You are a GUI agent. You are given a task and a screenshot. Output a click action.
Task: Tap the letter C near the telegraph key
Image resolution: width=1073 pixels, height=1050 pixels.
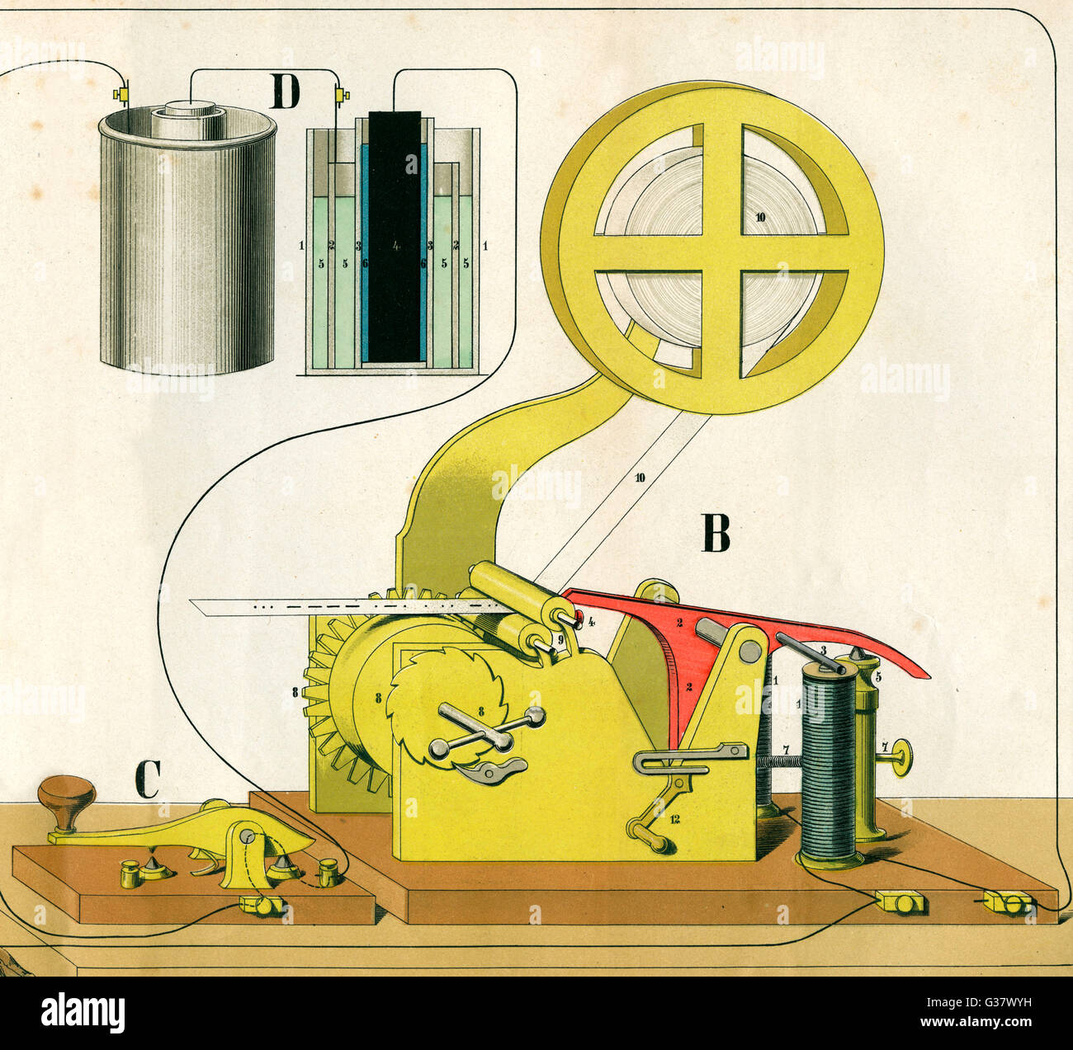(x=146, y=779)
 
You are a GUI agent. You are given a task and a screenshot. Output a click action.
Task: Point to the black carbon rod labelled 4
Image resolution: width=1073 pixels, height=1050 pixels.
(x=395, y=239)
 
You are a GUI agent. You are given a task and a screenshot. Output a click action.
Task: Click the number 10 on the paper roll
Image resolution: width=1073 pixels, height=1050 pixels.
(x=759, y=217)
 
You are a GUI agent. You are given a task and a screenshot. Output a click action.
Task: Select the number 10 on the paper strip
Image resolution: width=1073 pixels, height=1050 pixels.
(x=640, y=478)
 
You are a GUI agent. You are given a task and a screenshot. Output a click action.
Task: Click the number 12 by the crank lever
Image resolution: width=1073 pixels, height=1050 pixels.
(x=674, y=819)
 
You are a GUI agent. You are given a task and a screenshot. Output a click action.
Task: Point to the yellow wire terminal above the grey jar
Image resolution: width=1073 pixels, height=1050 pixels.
(x=123, y=96)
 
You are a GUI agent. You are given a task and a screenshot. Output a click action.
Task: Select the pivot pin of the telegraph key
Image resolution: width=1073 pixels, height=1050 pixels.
(x=246, y=836)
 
